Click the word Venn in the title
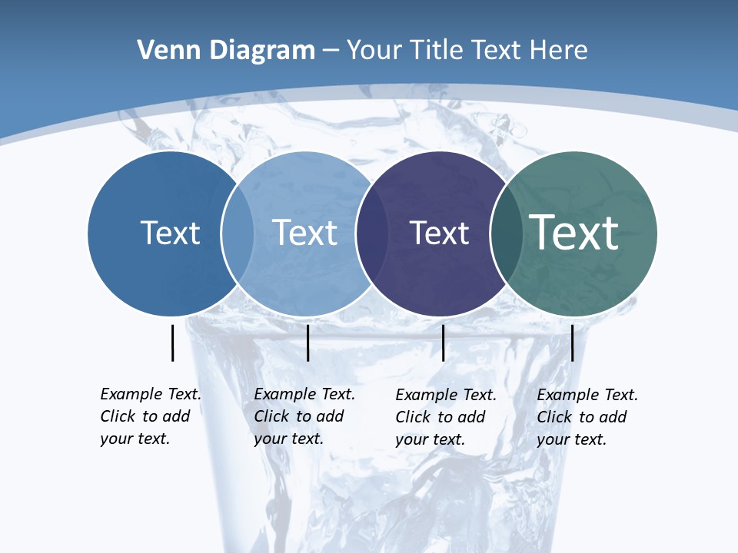[x=165, y=51]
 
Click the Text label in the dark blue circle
[x=170, y=233]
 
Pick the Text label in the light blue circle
[x=304, y=233]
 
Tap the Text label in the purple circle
[x=439, y=233]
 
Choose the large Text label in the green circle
[x=574, y=232]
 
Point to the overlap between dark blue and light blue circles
[x=238, y=233]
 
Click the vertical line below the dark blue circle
[x=172, y=343]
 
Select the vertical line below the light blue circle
[x=307, y=343]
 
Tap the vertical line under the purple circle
[x=443, y=343]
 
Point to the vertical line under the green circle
[x=572, y=343]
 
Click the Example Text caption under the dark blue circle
[x=150, y=416]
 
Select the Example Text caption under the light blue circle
[x=304, y=416]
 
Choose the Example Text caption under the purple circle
[x=445, y=417]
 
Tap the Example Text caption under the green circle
[x=587, y=417]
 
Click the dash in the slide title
[x=331, y=51]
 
